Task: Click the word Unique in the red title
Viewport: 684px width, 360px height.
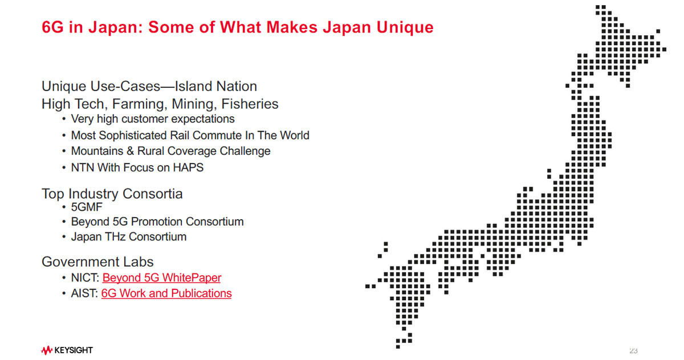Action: pyautogui.click(x=405, y=27)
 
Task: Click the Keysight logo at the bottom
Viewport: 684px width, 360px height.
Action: pyautogui.click(x=67, y=350)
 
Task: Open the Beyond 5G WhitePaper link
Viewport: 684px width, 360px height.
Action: pyautogui.click(x=161, y=277)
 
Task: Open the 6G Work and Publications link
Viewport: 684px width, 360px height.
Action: pyautogui.click(x=166, y=293)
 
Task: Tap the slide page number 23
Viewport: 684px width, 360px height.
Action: pyautogui.click(x=633, y=351)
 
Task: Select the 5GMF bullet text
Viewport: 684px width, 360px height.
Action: pyautogui.click(x=87, y=207)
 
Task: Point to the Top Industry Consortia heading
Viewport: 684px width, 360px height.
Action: pyautogui.click(x=112, y=194)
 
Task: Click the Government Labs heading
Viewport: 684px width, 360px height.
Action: pyautogui.click(x=97, y=262)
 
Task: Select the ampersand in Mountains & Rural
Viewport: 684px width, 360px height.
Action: pyautogui.click(x=131, y=151)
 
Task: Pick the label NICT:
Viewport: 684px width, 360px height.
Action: pyautogui.click(x=85, y=277)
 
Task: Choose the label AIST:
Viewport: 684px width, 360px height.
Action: pyautogui.click(x=84, y=293)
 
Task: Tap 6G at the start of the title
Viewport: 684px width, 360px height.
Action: pyautogui.click(x=52, y=27)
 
